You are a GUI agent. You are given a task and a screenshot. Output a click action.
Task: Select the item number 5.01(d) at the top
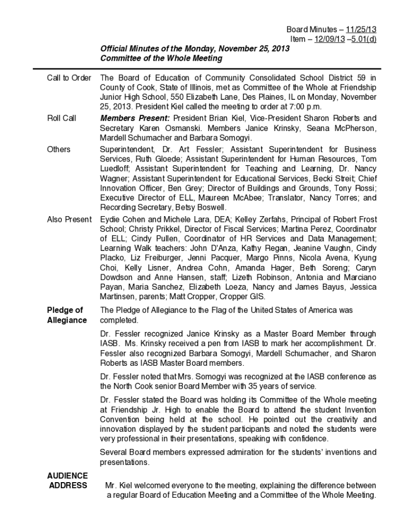(x=364, y=40)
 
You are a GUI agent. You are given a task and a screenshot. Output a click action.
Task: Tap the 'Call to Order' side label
(x=69, y=78)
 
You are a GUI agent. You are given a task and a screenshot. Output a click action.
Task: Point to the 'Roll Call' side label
(x=61, y=118)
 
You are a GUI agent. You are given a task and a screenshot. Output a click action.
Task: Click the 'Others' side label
(x=59, y=149)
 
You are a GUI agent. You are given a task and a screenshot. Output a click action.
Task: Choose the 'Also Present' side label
(x=69, y=219)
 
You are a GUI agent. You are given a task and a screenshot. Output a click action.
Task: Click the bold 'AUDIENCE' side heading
(x=68, y=475)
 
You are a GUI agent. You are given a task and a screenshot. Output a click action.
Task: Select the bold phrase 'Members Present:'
(x=135, y=118)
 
